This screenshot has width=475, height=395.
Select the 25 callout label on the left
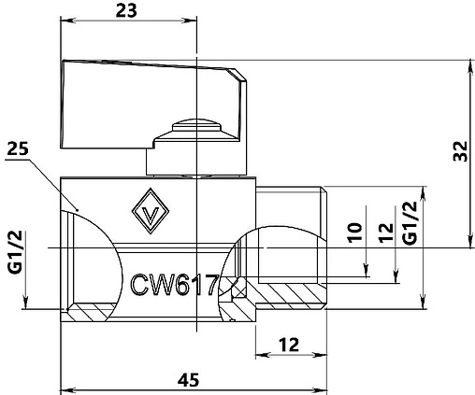point(18,148)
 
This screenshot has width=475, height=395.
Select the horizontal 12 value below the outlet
point(291,346)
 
